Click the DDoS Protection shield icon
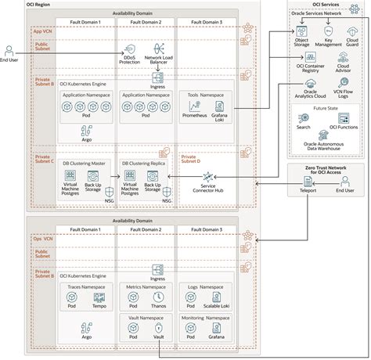coord(131,49)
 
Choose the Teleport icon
coord(307,182)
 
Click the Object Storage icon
coord(301,31)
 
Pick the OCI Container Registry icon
coord(312,58)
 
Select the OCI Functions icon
coord(343,117)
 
